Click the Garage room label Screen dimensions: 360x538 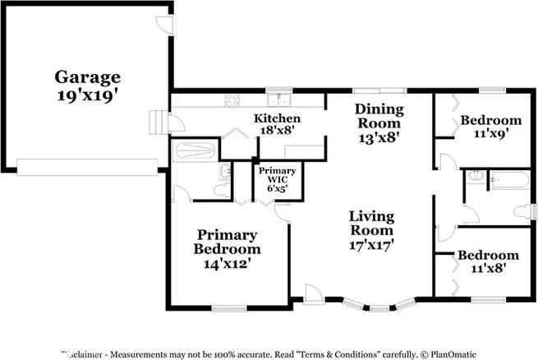click(x=86, y=77)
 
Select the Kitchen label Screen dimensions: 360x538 click(x=276, y=118)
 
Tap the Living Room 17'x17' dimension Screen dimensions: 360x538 click(x=371, y=244)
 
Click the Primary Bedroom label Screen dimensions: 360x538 click(x=227, y=242)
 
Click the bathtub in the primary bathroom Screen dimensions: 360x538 click(x=193, y=150)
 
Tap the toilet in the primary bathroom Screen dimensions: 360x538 click(x=219, y=190)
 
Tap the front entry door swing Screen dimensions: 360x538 click(x=313, y=292)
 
